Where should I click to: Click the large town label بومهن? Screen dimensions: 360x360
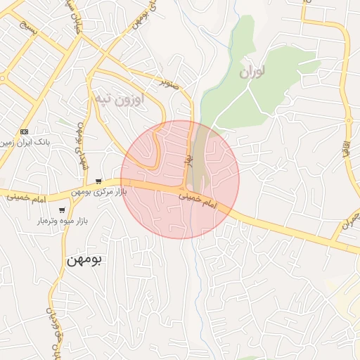[x=84, y=260]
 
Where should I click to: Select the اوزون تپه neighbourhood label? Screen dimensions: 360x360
[x=119, y=100]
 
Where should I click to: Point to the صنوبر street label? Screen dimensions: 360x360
[x=169, y=82]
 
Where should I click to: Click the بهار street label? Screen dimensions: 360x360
[x=188, y=161]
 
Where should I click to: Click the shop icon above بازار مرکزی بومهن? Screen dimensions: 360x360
[x=98, y=181]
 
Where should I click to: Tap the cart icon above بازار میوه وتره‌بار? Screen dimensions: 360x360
[x=62, y=210]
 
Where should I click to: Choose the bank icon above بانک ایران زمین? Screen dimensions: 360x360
[x=25, y=131]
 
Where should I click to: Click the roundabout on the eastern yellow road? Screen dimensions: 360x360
[x=356, y=214]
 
